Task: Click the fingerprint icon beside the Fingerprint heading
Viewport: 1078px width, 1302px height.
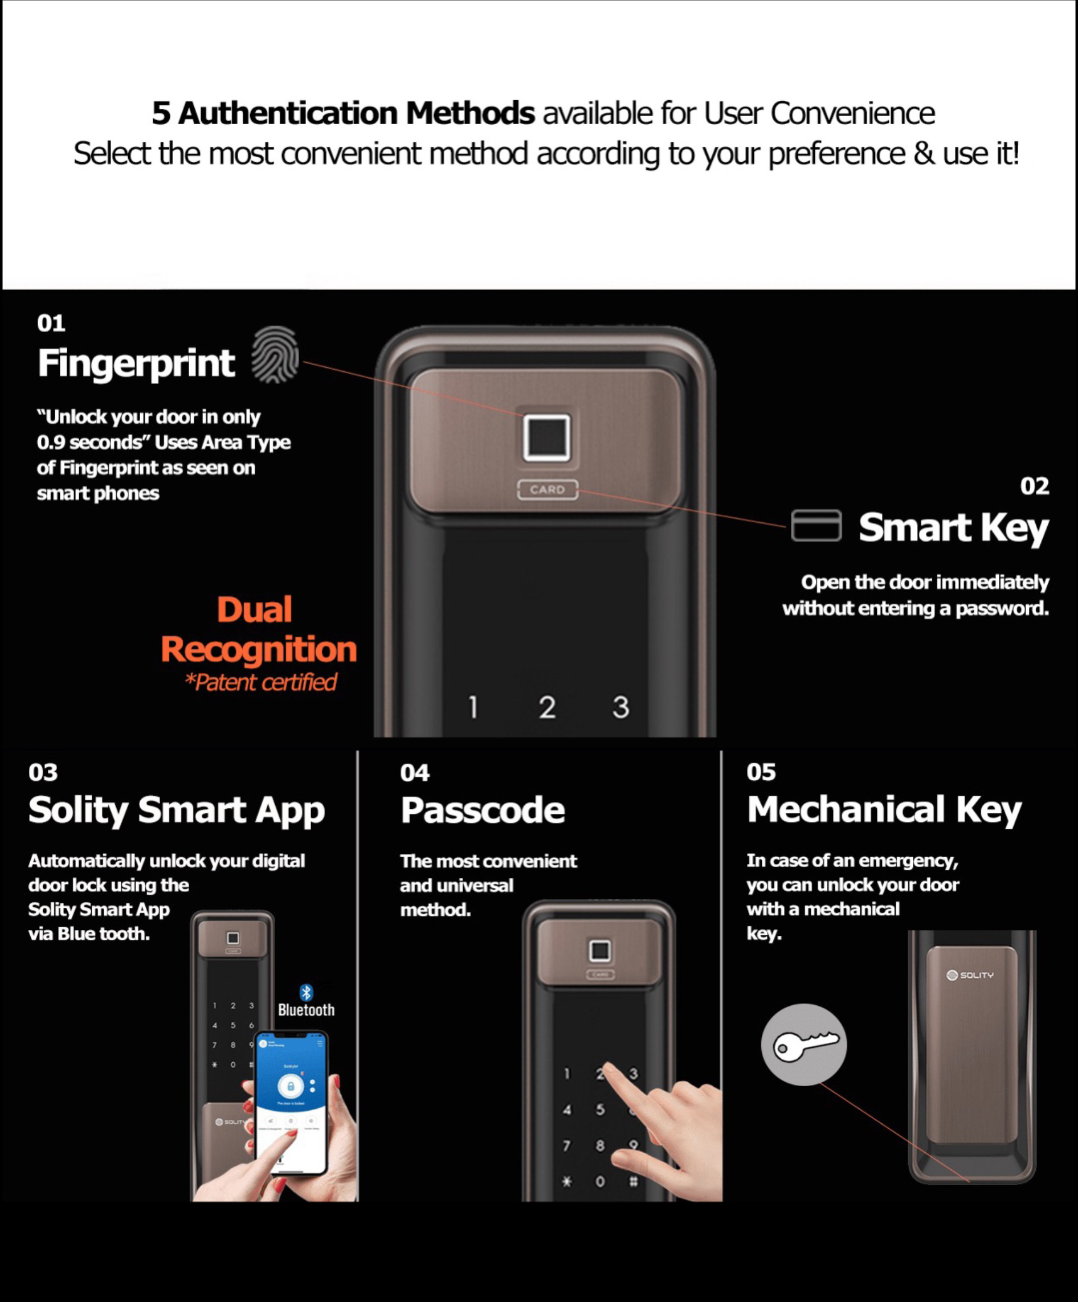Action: click(x=275, y=355)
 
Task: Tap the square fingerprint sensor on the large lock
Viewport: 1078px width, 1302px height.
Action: click(x=546, y=438)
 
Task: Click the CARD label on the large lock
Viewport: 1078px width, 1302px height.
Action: click(x=548, y=489)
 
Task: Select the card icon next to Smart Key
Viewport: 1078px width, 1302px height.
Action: click(x=816, y=525)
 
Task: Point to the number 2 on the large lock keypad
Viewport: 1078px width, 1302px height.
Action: click(x=547, y=707)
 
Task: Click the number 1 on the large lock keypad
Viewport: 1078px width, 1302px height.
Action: click(x=473, y=707)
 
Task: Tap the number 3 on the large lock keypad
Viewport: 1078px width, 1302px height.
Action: click(x=621, y=707)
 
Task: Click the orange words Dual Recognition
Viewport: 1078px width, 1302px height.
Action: click(x=259, y=629)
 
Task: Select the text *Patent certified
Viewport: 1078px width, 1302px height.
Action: click(x=260, y=682)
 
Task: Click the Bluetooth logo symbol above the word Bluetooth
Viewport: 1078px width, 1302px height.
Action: click(x=307, y=993)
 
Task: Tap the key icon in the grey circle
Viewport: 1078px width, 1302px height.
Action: click(x=805, y=1045)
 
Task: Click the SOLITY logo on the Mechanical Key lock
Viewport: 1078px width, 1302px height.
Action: click(x=970, y=975)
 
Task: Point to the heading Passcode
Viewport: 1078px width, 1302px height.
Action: click(x=483, y=810)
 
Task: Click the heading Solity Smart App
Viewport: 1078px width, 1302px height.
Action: click(x=177, y=811)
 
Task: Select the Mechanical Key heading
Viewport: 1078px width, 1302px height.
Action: click(x=884, y=810)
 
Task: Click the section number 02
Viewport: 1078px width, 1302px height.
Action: click(x=1035, y=486)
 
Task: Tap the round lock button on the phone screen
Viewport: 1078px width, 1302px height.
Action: click(x=290, y=1086)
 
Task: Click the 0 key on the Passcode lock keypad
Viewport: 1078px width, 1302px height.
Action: click(x=600, y=1181)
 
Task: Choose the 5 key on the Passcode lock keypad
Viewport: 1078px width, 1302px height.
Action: click(x=600, y=1109)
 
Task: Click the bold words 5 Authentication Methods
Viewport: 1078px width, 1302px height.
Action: click(x=344, y=113)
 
